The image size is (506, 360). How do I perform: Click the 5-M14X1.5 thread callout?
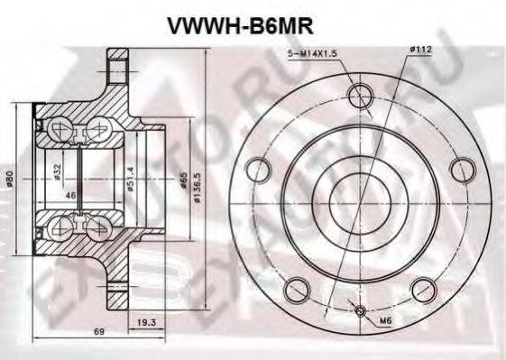[x=309, y=57]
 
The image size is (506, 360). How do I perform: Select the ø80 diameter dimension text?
[x=11, y=180]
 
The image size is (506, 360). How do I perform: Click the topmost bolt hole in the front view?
[x=361, y=94]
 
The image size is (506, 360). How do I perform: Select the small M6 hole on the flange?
[x=362, y=312]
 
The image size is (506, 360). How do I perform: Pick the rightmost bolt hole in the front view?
[x=461, y=169]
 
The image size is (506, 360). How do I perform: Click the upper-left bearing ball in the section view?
[x=57, y=127]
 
